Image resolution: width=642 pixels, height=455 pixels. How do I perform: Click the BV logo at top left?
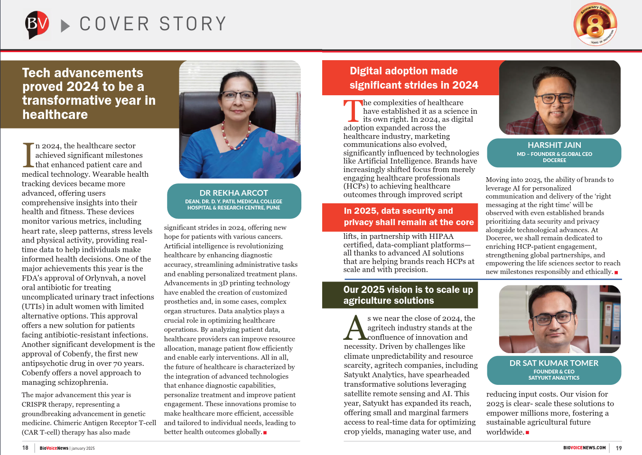pyautogui.click(x=37, y=24)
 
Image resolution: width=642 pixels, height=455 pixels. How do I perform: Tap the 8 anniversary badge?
pyautogui.click(x=595, y=24)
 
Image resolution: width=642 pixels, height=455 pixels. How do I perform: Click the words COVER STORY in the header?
pyautogui.click(x=152, y=24)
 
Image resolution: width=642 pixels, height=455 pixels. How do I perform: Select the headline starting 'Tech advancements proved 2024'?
pyautogui.click(x=89, y=93)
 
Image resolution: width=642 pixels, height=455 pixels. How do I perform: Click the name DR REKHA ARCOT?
pyautogui.click(x=233, y=193)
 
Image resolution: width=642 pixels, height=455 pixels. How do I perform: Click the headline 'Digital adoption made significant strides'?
pyautogui.click(x=413, y=78)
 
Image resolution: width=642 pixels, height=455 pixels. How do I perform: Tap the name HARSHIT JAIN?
pyautogui.click(x=554, y=145)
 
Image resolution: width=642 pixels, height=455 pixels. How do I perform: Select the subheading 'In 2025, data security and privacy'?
pyautogui.click(x=409, y=217)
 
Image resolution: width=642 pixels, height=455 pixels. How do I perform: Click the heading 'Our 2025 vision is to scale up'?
pyautogui.click(x=408, y=295)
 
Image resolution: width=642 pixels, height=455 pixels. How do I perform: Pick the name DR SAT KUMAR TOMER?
pyautogui.click(x=554, y=363)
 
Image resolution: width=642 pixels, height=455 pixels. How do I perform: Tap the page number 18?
pyautogui.click(x=25, y=448)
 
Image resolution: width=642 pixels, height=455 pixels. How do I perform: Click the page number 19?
pyautogui.click(x=619, y=448)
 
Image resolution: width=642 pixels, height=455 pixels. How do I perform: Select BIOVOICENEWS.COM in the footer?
pyautogui.click(x=584, y=448)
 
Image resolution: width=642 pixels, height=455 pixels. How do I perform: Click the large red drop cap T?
pyautogui.click(x=353, y=111)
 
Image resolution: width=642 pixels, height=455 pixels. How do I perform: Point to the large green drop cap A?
pyautogui.click(x=355, y=328)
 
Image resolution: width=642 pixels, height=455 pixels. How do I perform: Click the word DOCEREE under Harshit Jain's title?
pyautogui.click(x=554, y=161)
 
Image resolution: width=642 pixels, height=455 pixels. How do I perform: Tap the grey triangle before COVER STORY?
pyautogui.click(x=65, y=26)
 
